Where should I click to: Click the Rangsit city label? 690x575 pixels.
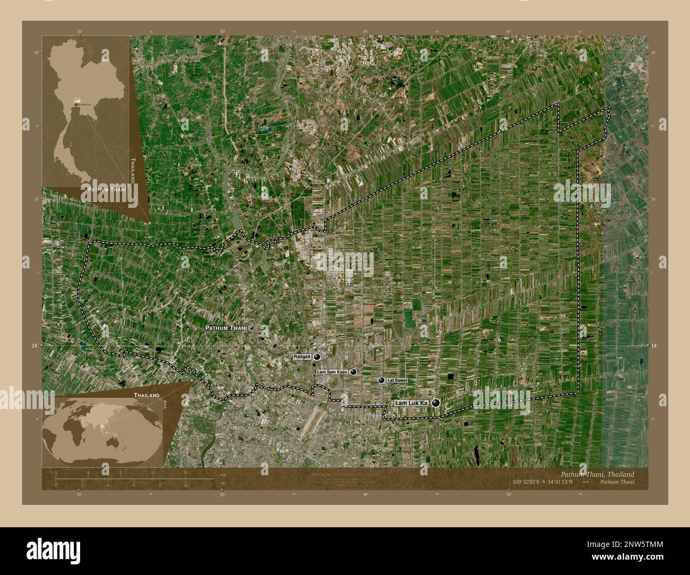pos(303,358)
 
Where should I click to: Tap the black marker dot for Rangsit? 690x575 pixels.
pos(317,357)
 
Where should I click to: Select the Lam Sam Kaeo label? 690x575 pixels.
pos(332,372)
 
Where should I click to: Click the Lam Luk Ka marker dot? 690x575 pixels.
pos(436,403)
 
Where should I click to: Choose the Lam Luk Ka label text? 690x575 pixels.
pos(411,404)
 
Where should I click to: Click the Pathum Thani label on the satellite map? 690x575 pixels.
pos(226,328)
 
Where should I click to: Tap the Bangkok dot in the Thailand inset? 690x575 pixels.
pos(76,104)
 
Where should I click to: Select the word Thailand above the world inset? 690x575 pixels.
pos(146,396)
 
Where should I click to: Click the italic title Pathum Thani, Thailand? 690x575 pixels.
pos(597,474)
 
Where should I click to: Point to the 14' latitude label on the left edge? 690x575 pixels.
pos(36,345)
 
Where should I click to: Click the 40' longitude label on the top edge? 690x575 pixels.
pos(365,32)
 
